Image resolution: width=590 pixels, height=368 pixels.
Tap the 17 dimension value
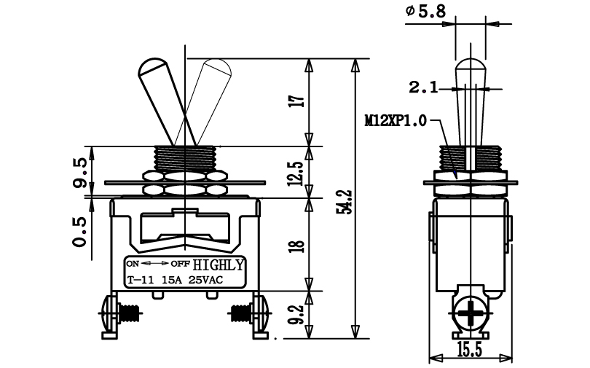click(x=297, y=101)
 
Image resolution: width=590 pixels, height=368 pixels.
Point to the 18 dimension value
click(x=297, y=246)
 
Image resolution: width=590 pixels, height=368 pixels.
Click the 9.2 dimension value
click(x=297, y=314)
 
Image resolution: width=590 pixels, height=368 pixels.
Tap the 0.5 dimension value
click(x=80, y=232)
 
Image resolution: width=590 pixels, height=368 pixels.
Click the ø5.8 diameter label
click(x=425, y=11)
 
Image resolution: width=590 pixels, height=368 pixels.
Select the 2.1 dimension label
click(x=424, y=88)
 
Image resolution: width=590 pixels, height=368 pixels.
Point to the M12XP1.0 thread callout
click(x=396, y=121)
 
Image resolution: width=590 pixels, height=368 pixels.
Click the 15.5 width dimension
click(x=470, y=351)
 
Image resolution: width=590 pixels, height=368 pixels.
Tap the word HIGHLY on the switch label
click(x=219, y=265)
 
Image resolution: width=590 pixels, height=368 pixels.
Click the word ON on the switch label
click(x=133, y=263)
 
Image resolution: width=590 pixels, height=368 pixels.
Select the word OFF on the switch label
click(x=180, y=263)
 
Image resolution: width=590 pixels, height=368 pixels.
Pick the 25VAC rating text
click(x=205, y=280)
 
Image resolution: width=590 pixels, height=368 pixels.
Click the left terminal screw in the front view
click(x=119, y=313)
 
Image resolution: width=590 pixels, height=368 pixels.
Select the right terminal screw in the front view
click(x=248, y=313)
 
